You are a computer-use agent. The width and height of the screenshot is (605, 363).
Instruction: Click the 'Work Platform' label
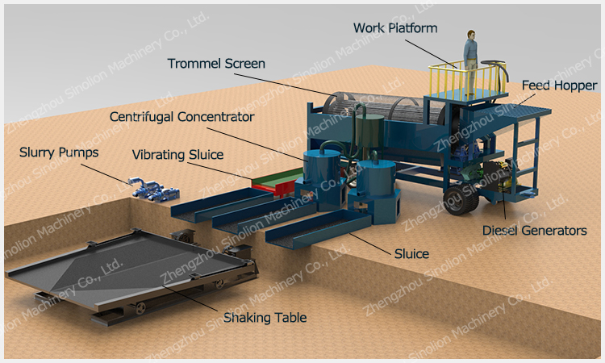point(395,28)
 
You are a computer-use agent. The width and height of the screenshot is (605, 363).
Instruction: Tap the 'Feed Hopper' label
point(559,85)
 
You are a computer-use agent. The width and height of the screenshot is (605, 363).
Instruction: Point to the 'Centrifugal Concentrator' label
point(182,117)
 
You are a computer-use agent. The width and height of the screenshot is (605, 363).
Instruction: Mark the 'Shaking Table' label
point(267,317)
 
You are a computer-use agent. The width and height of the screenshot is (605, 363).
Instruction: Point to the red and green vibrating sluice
point(274,181)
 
